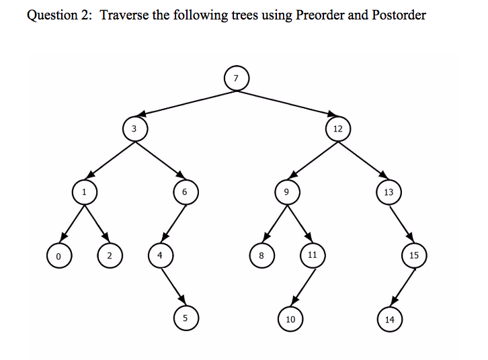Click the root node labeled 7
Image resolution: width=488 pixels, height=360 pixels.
[237, 79]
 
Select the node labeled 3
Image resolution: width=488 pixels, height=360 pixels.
[135, 129]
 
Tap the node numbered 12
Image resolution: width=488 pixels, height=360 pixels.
[338, 129]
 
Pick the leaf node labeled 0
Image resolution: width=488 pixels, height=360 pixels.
[59, 256]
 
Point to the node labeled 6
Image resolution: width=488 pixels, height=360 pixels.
[186, 192]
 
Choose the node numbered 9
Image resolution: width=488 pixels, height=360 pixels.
[287, 192]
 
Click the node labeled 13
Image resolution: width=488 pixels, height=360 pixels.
[389, 192]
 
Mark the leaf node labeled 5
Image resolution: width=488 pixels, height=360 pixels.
[186, 318]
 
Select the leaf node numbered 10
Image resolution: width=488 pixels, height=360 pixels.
[290, 319]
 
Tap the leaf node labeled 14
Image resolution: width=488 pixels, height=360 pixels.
[390, 319]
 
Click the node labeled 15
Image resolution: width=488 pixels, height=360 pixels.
[414, 255]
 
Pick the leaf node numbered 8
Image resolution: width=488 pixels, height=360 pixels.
[262, 255]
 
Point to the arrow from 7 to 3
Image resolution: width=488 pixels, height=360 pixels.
[187, 103]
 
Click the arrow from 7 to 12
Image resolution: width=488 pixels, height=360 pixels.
[286, 103]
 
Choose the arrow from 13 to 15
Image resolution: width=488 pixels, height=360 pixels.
[401, 224]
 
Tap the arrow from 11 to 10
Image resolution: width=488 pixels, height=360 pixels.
[303, 287]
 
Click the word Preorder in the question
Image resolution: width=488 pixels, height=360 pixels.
[319, 15]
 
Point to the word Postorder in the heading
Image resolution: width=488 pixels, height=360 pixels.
[399, 15]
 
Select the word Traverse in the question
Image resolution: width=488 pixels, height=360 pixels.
[124, 15]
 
